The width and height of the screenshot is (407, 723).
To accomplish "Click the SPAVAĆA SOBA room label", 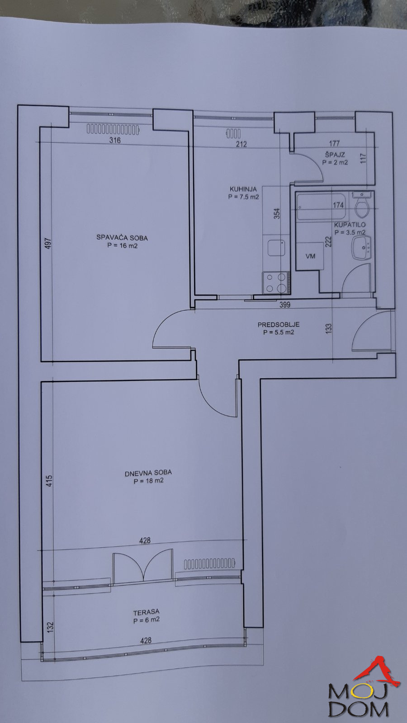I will tap(122, 238).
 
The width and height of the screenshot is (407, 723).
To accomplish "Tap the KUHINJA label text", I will tap(243, 189).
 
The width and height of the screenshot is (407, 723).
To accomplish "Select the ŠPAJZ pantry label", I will tap(335, 155).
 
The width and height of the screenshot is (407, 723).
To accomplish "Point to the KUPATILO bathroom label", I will tap(350, 225).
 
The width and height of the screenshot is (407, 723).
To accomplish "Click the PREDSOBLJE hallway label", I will tap(279, 324).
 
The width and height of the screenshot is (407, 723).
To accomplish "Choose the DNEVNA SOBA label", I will tap(148, 473).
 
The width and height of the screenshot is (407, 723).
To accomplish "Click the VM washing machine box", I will tap(310, 256).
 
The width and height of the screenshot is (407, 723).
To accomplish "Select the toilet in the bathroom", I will tap(362, 206).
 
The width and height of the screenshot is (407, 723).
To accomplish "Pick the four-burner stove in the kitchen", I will tap(275, 283).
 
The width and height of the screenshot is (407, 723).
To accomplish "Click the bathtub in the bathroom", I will tap(321, 206).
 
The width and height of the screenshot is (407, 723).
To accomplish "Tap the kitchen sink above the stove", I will tap(276, 248).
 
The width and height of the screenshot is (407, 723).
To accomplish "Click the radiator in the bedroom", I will tap(113, 130).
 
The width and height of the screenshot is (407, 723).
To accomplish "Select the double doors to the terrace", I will tap(143, 567).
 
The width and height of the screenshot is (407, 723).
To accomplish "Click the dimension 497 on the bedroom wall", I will tap(48, 243).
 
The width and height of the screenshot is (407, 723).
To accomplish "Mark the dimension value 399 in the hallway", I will tap(285, 305).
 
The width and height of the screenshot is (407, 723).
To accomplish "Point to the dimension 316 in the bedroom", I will tap(115, 141).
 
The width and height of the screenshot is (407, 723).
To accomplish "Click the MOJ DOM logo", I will tap(362, 691).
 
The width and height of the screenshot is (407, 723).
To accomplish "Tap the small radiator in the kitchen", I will tap(233, 134).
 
